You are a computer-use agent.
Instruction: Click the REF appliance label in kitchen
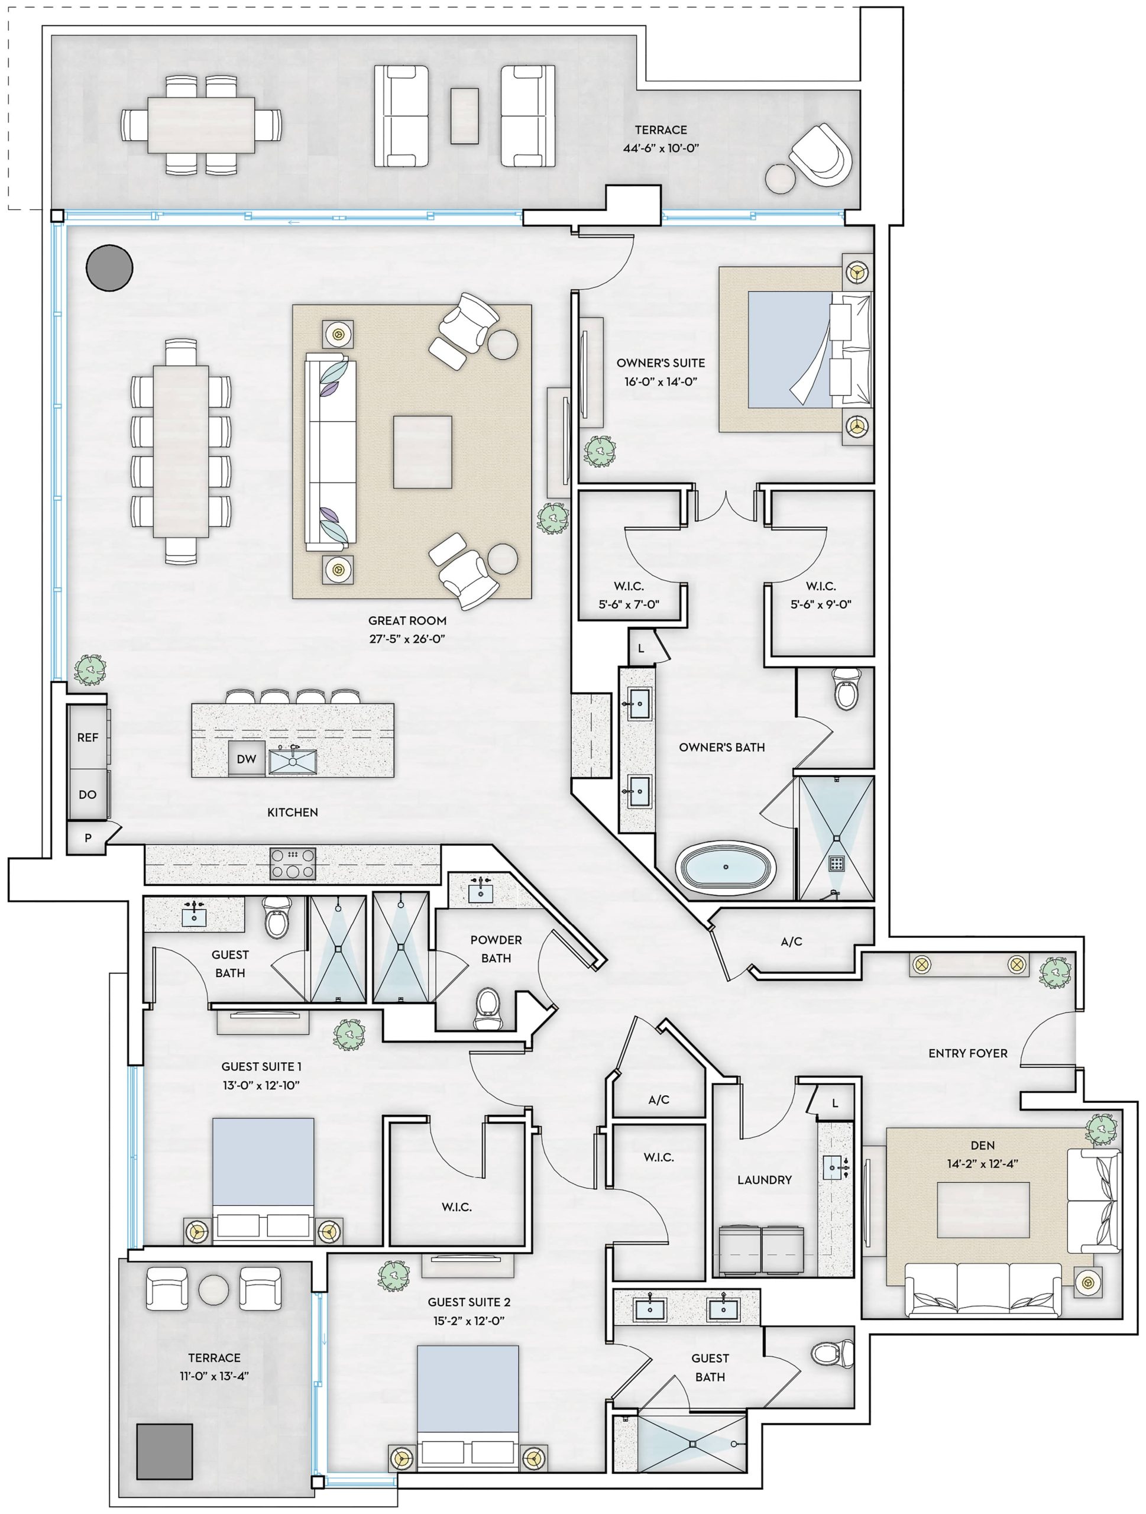88,737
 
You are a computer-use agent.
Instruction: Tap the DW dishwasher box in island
247,758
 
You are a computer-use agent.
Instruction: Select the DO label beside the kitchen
88,794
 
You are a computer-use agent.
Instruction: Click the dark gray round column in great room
109,268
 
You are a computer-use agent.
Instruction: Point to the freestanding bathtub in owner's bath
726,866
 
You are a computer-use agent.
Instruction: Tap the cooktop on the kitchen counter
293,863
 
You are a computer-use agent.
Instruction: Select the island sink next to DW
293,761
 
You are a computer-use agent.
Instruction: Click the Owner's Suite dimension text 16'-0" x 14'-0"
661,381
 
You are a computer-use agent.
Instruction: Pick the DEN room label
982,1145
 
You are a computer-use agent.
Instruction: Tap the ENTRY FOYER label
967,1053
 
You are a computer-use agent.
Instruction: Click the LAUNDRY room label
764,1180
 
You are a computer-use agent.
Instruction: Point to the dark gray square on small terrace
164,1452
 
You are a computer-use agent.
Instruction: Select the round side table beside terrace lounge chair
780,179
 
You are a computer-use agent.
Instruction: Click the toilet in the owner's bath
846,689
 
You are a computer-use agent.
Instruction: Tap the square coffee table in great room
422,452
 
